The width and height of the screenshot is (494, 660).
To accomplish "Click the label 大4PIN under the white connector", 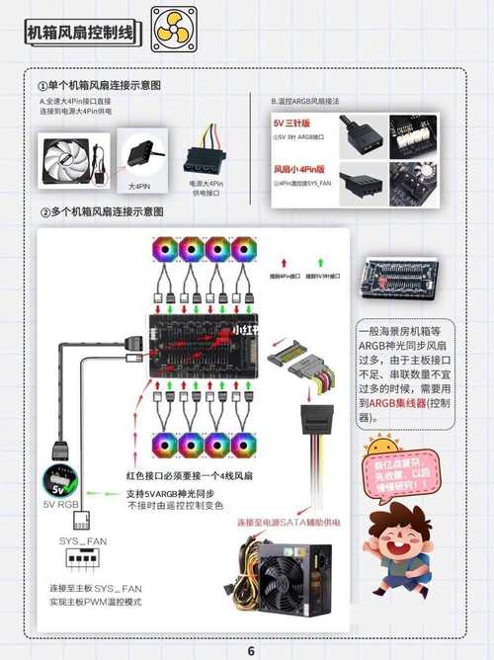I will click(139, 186).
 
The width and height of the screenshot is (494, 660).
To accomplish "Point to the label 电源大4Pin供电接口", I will click(206, 188).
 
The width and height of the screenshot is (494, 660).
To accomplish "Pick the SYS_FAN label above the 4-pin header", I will click(83, 542).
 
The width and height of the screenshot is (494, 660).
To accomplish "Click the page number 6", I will click(250, 651).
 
